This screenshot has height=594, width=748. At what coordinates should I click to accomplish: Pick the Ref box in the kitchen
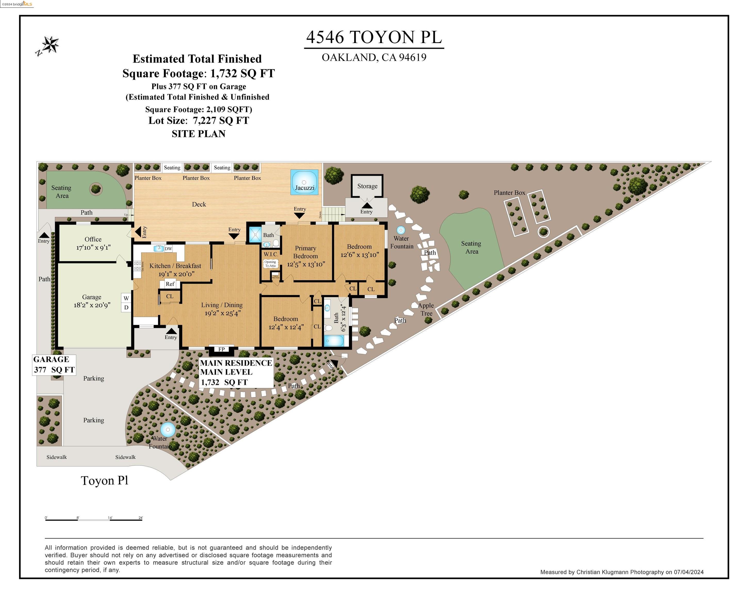[170, 284]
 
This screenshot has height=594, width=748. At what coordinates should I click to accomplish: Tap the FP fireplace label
[221, 349]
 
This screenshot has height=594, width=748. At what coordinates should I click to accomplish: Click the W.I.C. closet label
[271, 254]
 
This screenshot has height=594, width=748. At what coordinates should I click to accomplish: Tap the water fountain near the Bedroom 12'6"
[401, 230]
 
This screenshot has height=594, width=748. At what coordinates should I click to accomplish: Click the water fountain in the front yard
[168, 430]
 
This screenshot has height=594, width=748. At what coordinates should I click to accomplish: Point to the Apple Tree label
[426, 309]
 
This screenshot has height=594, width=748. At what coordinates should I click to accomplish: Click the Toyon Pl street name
[104, 481]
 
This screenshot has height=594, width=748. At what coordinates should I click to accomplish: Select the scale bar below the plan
[94, 520]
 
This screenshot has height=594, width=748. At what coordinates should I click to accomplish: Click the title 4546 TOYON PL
[374, 37]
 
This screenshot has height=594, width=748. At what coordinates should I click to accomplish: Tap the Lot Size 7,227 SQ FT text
[199, 120]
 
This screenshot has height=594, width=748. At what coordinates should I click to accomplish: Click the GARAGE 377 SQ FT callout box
[54, 365]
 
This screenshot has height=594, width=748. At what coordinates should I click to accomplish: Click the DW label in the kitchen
[168, 249]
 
